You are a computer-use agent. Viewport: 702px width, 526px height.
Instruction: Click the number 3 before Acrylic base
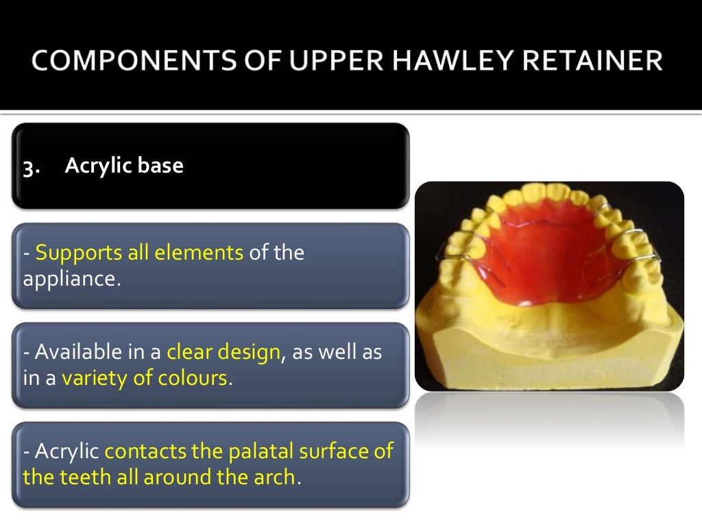pos(29,167)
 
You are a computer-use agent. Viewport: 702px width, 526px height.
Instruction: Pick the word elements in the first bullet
pos(199,253)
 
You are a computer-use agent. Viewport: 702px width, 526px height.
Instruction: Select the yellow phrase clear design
pos(223,353)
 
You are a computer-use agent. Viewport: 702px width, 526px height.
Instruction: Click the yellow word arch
pos(274,477)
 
